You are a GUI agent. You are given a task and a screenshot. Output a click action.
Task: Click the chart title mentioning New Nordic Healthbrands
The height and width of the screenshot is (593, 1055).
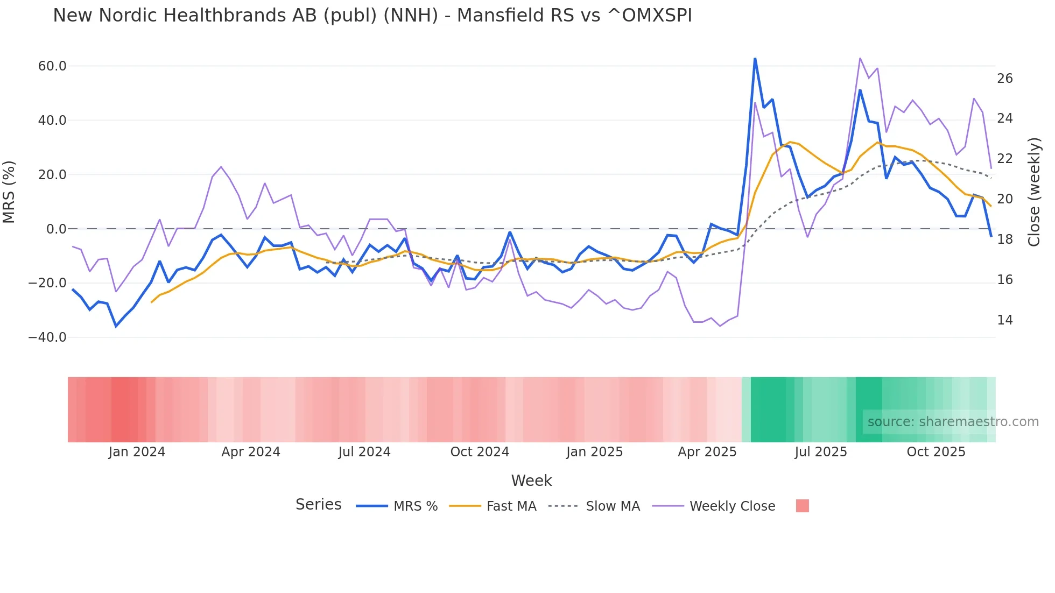click(372, 16)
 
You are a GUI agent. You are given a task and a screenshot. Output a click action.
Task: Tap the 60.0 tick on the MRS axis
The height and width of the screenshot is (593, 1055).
click(52, 66)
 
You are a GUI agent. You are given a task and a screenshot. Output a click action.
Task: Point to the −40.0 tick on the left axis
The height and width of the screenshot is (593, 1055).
click(47, 337)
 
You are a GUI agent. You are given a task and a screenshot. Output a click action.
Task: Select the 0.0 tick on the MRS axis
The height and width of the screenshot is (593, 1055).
click(57, 229)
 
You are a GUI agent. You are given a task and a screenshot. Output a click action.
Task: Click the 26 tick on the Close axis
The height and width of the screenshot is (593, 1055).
click(1004, 79)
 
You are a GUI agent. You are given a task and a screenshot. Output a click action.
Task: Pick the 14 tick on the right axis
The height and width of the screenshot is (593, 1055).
click(1004, 320)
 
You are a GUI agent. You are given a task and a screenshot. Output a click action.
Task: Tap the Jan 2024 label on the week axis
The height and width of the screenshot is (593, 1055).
click(137, 452)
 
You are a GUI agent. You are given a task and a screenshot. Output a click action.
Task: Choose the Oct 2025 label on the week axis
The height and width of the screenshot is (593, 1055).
click(936, 452)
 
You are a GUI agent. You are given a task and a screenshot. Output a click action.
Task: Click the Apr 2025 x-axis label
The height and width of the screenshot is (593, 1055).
click(707, 452)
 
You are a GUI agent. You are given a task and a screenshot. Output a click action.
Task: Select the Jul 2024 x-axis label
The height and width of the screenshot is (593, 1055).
click(364, 452)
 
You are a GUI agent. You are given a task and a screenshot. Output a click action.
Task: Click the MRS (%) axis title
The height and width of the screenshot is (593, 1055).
click(9, 192)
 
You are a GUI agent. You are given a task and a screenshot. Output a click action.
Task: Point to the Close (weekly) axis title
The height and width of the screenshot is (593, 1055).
click(1034, 192)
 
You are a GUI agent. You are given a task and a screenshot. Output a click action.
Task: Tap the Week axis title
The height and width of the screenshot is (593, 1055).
click(531, 481)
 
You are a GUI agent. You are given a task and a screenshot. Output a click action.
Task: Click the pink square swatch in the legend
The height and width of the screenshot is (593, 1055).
click(802, 506)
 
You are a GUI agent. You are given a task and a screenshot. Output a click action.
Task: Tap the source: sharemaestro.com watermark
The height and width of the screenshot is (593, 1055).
click(953, 422)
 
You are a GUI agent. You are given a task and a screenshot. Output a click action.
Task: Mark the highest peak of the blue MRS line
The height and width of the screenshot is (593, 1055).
click(755, 59)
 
